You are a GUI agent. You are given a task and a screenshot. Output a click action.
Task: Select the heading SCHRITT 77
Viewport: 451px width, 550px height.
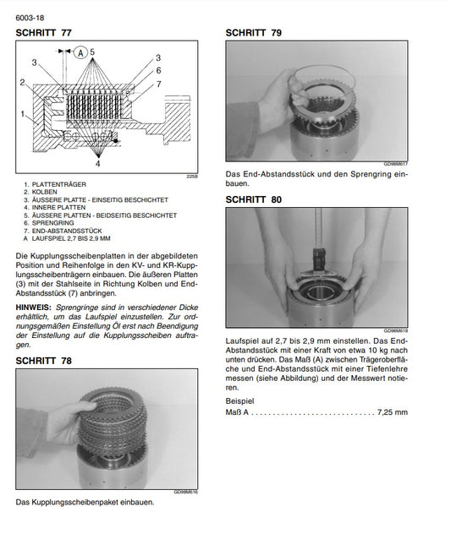44,33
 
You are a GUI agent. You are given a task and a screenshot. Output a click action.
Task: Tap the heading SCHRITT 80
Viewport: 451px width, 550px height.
254,199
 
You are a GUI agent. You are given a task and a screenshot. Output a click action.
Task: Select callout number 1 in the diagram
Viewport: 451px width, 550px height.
23,112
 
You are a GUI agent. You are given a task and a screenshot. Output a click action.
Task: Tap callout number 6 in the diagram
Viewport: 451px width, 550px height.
158,71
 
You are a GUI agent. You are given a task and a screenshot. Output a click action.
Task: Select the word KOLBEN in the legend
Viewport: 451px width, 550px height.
47,192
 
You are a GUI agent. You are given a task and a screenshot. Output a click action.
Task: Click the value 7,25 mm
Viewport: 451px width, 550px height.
393,412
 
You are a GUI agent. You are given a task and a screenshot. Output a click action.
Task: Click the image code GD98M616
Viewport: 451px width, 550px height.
185,491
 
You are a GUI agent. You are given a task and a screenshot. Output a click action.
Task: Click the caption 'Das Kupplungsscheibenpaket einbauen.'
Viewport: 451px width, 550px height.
85,502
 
